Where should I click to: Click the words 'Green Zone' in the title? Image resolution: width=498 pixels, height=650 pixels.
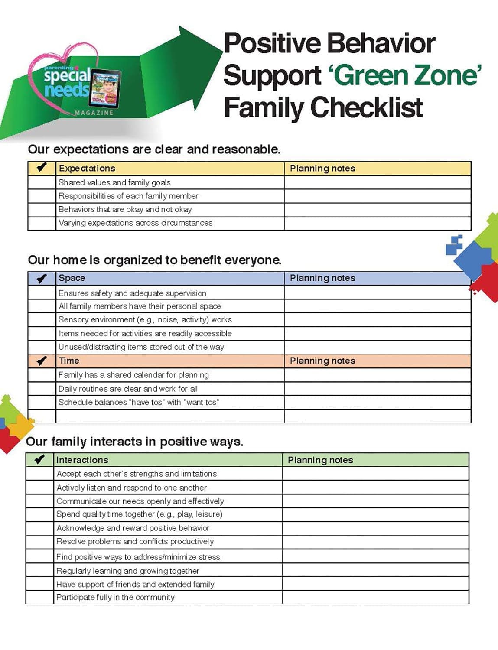(405, 75)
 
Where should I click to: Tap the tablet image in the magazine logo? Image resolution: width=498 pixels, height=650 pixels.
(105, 89)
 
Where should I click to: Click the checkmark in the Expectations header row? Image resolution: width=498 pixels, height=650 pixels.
(42, 168)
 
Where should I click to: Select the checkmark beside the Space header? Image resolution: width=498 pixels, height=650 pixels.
(42, 278)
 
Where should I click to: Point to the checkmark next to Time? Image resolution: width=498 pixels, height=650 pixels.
(42, 361)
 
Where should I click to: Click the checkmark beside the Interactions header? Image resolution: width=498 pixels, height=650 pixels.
(39, 460)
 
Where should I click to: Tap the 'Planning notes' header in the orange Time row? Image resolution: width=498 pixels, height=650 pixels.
(322, 361)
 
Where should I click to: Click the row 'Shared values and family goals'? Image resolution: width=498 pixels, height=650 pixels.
(114, 182)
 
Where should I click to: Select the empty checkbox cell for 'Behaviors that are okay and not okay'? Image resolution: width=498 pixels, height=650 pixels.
(42, 210)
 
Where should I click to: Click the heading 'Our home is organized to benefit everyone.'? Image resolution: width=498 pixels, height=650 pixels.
(154, 260)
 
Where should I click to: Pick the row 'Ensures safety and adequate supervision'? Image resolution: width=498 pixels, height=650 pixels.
(132, 293)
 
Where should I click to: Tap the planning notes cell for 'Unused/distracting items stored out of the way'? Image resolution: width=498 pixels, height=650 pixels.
(377, 347)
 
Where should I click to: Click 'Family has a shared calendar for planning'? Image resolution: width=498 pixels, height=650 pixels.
(133, 375)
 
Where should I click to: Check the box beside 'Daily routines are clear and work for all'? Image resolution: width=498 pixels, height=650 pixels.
(42, 389)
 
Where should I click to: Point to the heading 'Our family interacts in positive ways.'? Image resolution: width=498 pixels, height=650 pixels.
(134, 442)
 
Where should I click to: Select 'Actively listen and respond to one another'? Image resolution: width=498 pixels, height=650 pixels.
(132, 487)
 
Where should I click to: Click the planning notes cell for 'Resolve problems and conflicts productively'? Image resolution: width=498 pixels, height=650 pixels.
(375, 542)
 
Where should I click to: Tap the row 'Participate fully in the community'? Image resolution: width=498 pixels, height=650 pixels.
(115, 597)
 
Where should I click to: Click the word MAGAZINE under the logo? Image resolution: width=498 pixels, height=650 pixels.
(94, 113)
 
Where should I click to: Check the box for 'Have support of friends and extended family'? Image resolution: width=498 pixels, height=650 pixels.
(39, 584)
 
